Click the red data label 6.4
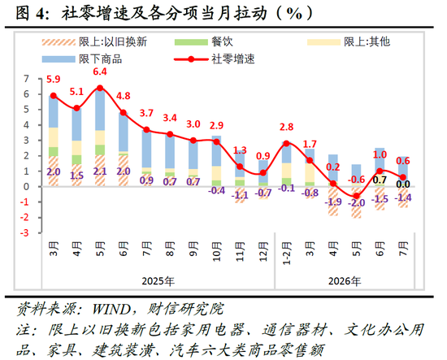point(100,72)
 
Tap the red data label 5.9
point(54,79)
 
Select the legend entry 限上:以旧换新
point(94,42)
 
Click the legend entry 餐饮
point(203,42)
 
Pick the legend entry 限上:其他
point(349,42)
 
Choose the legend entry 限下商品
point(82,59)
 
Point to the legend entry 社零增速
point(214,59)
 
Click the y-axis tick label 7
point(27,79)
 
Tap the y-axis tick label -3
point(24,233)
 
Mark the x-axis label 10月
point(217,251)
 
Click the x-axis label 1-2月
point(287,253)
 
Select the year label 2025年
point(158,281)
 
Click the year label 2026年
point(345,281)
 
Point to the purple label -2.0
point(356,203)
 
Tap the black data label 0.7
point(380,180)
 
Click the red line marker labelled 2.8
point(287,143)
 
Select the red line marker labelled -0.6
point(356,196)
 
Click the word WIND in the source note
point(112,309)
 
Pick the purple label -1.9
point(333,202)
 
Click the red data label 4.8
point(124,96)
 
